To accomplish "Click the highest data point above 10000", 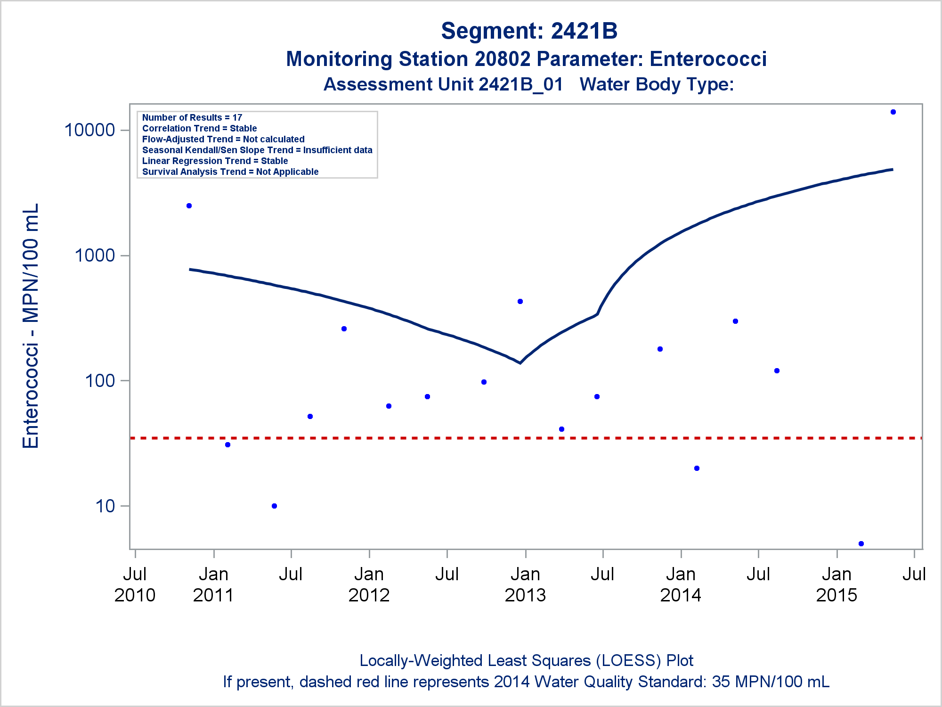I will coord(893,112).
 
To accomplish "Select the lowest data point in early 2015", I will coord(861,544).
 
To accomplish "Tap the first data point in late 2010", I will coord(189,206).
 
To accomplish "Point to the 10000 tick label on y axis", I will coord(90,130).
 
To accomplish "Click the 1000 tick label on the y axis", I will coord(95,255).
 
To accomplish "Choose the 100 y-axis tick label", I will coord(100,381).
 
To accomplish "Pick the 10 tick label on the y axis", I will coord(105,506).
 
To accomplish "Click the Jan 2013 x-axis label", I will coord(525,584).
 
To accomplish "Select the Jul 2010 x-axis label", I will coord(135,584).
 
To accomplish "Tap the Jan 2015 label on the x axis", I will coord(836,584).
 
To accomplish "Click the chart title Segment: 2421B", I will coord(529,31).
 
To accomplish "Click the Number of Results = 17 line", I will coord(192,117).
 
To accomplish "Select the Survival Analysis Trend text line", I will coord(230,172).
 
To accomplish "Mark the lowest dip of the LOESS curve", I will coord(520,363).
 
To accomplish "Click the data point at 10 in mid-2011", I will coord(275,506).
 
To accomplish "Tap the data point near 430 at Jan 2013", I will coord(520,302).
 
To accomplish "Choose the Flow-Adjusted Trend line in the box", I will coord(223,139).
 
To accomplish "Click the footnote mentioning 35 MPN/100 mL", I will coord(526,682).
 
